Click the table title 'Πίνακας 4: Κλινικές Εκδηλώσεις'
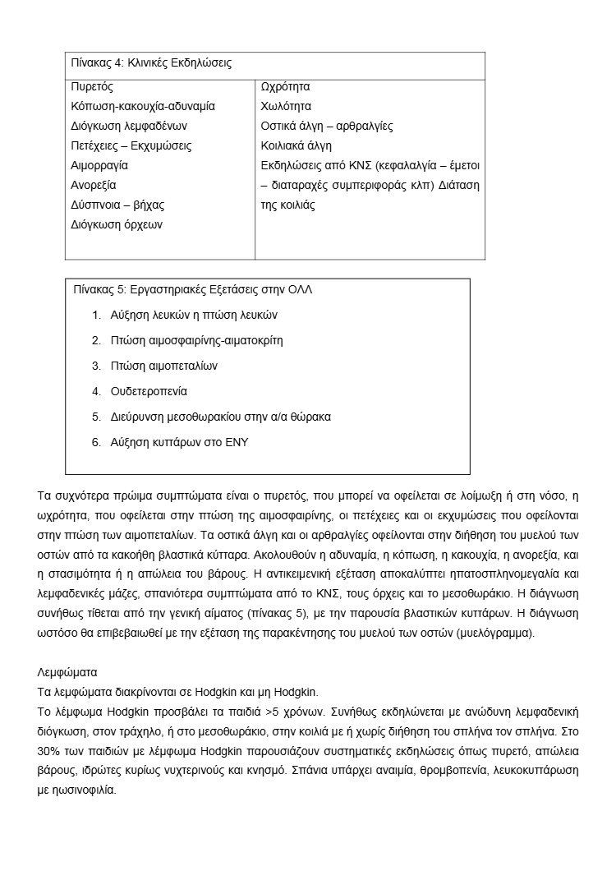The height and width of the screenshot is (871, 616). pyautogui.click(x=150, y=62)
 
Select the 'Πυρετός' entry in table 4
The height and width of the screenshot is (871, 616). pyautogui.click(x=92, y=86)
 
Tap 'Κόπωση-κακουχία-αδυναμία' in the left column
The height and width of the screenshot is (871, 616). pyautogui.click(x=143, y=106)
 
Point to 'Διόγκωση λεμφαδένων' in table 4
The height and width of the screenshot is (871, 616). pyautogui.click(x=129, y=126)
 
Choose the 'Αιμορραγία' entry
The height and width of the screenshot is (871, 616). pyautogui.click(x=99, y=165)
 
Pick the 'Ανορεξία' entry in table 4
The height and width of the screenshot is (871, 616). pyautogui.click(x=94, y=185)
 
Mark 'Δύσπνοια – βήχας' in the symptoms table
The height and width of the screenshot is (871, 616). pyautogui.click(x=117, y=205)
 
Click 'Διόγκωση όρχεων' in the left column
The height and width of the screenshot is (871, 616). pyautogui.click(x=117, y=224)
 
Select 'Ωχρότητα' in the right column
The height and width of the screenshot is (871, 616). pyautogui.click(x=285, y=86)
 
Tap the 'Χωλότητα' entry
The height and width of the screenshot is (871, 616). pyautogui.click(x=286, y=106)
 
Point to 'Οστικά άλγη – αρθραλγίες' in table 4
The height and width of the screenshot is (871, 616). pyautogui.click(x=327, y=126)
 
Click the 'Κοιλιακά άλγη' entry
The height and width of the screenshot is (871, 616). pyautogui.click(x=297, y=145)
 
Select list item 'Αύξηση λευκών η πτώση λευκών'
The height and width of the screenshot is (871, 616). pyautogui.click(x=195, y=315)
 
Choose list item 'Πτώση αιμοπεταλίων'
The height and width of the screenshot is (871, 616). pyautogui.click(x=165, y=366)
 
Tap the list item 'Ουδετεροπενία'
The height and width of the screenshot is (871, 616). pyautogui.click(x=149, y=391)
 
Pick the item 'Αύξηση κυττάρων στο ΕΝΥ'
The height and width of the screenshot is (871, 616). pyautogui.click(x=180, y=442)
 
